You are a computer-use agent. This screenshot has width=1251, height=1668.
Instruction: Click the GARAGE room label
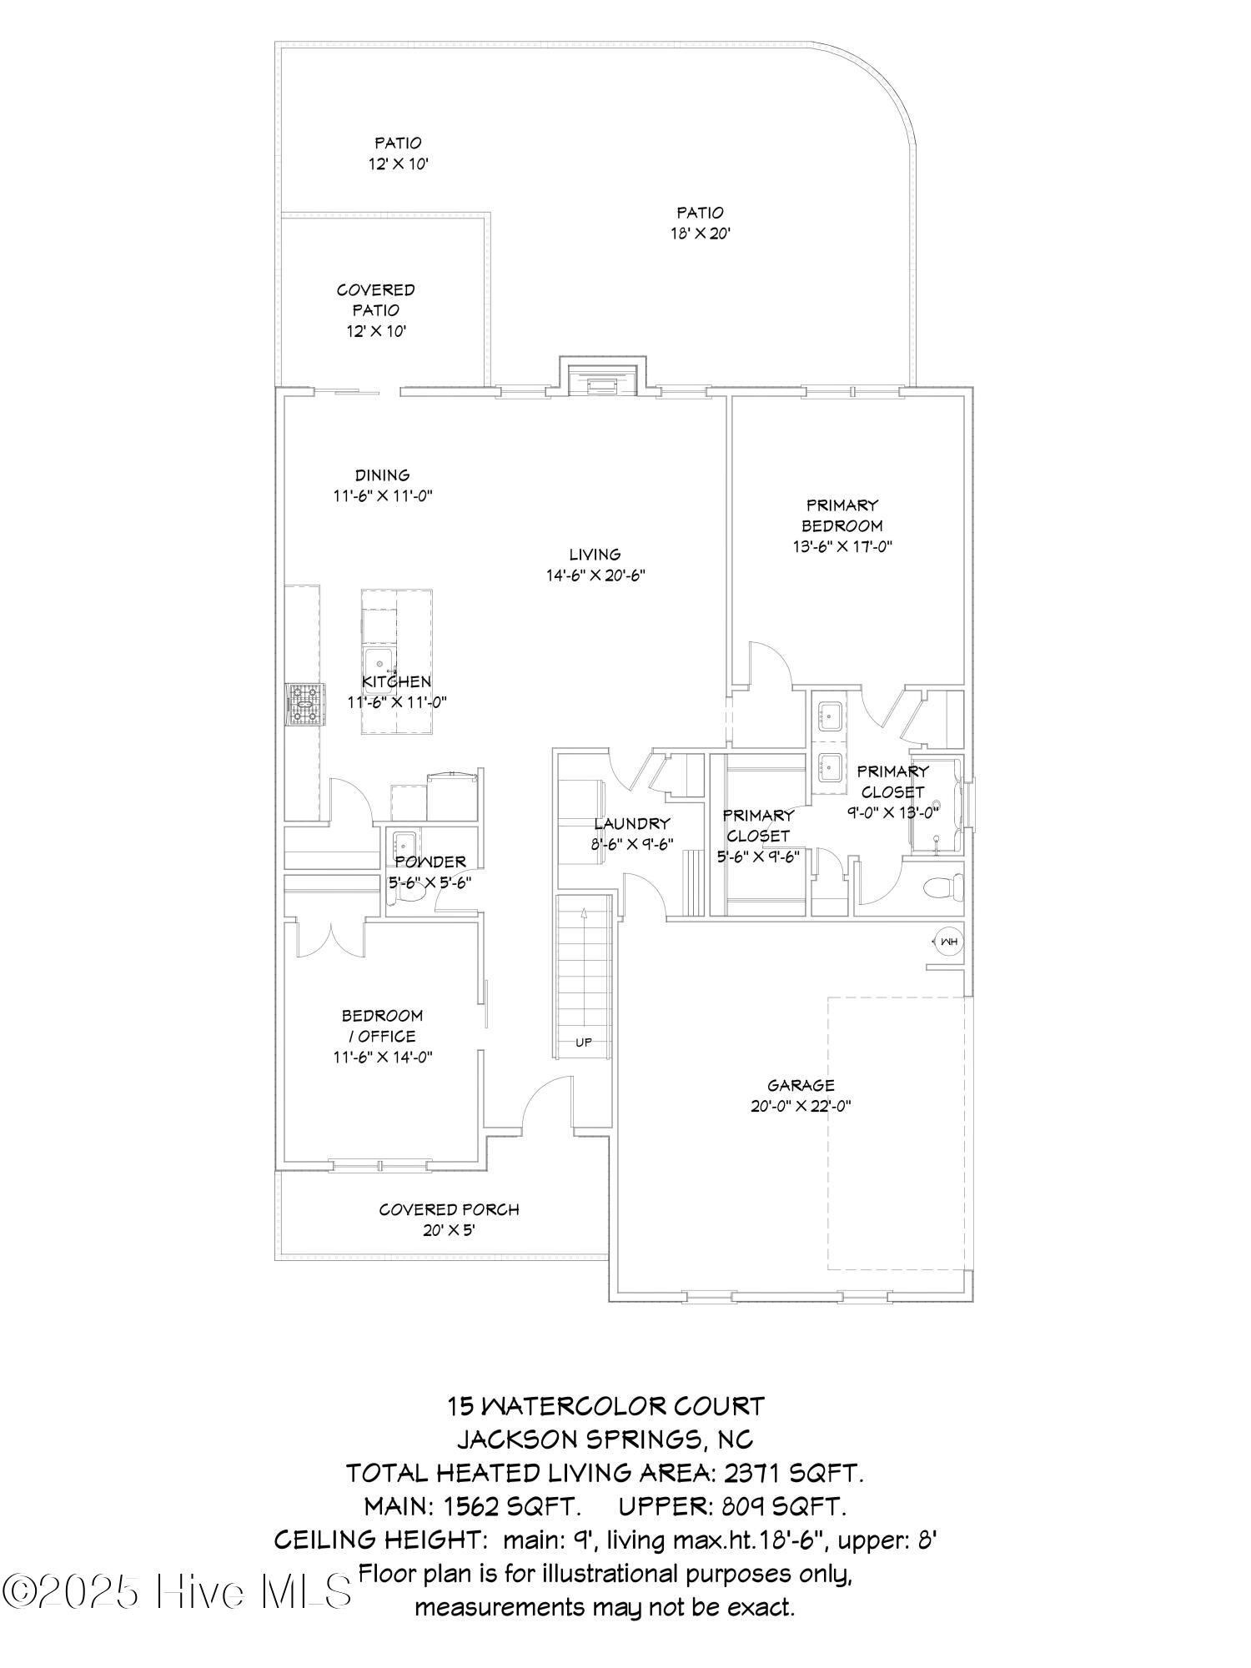pyautogui.click(x=801, y=1085)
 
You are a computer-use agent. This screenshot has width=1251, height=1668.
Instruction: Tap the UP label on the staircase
pyautogui.click(x=584, y=1042)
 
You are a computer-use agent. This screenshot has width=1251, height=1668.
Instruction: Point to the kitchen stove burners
pyautogui.click(x=303, y=704)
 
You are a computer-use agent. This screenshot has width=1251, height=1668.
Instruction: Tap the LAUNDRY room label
pyautogui.click(x=631, y=823)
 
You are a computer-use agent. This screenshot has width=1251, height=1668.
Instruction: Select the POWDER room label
pyautogui.click(x=430, y=862)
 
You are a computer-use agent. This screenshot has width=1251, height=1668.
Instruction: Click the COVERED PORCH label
pyautogui.click(x=449, y=1209)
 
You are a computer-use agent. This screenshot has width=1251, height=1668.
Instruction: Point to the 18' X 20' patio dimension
pyautogui.click(x=701, y=234)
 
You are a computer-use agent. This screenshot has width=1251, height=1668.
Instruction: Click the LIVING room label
pyautogui.click(x=595, y=554)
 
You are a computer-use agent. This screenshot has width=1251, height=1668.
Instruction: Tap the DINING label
pyautogui.click(x=383, y=475)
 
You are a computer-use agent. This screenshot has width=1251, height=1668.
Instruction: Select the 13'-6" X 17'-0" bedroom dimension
pyautogui.click(x=842, y=547)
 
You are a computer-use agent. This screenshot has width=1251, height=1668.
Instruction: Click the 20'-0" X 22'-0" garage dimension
pyautogui.click(x=801, y=1107)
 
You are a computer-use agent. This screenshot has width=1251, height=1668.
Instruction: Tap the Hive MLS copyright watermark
pyautogui.click(x=177, y=1591)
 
